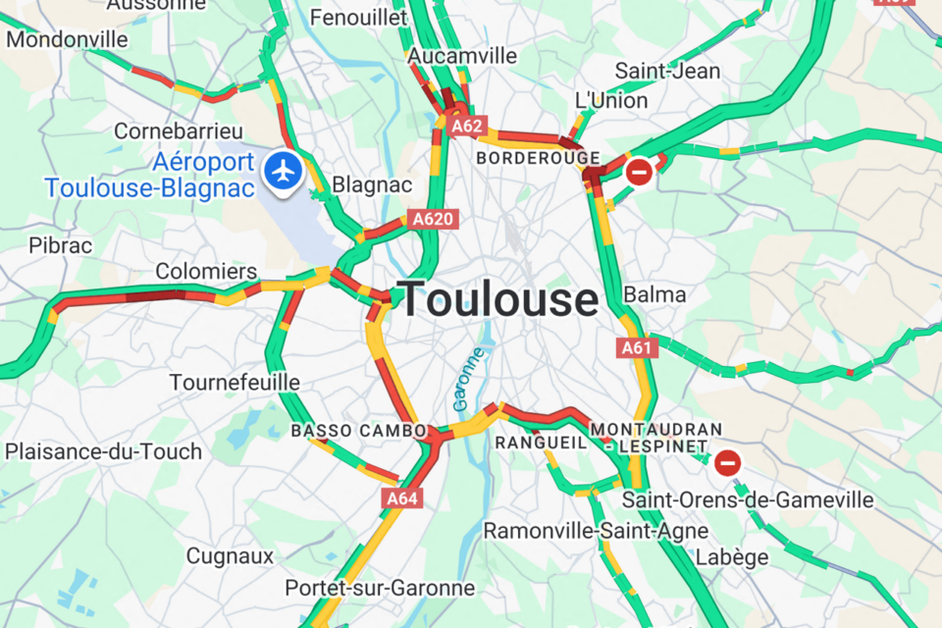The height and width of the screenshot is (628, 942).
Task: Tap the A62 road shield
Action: point(467,126)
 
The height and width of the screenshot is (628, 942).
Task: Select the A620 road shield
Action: point(433,219)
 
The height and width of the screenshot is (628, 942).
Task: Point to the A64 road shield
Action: point(401,498)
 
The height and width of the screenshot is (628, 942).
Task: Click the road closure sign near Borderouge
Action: point(639,173)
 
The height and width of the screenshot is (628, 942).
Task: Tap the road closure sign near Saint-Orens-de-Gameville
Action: point(727,461)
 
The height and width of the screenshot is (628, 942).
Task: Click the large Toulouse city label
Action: point(498,298)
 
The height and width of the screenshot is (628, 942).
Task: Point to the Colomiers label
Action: point(206,272)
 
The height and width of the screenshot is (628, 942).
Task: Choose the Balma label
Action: point(654,294)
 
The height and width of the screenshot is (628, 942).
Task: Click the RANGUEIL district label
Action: point(541,443)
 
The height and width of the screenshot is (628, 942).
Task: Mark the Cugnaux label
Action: point(230,555)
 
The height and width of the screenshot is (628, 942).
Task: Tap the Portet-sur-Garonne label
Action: point(380,588)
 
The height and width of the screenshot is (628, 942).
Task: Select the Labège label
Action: point(732,556)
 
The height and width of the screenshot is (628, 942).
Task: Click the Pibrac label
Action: point(61,244)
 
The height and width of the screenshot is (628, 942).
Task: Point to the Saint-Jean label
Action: point(667,71)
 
